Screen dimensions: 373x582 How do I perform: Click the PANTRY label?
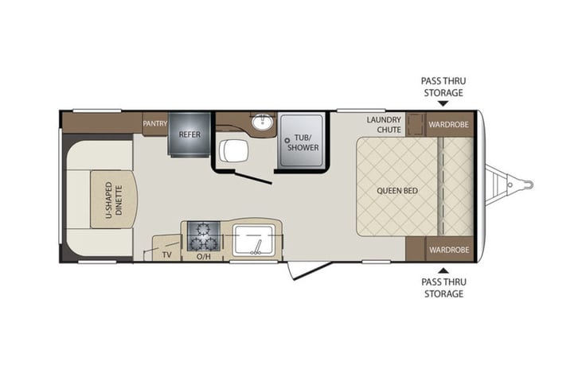(x=154, y=123)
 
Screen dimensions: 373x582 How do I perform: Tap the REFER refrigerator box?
(x=189, y=134)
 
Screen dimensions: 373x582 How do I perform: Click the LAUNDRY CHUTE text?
(x=383, y=125)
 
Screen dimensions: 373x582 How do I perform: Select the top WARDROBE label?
(x=447, y=124)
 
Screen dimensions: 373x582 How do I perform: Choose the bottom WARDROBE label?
(x=447, y=249)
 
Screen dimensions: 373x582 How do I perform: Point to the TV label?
(x=167, y=254)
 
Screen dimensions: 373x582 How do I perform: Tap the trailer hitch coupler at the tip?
(x=527, y=185)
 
